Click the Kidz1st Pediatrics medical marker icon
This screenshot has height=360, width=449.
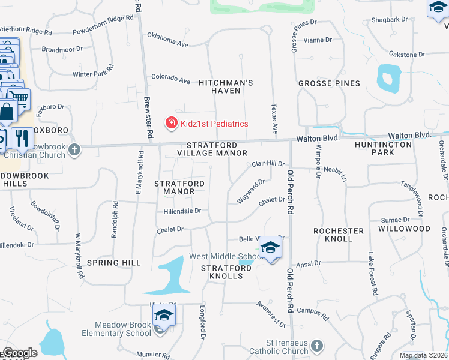point(172,123)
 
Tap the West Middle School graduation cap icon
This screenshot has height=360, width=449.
point(270,247)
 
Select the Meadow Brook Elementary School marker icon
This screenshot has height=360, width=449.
point(162,315)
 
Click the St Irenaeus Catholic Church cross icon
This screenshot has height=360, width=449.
point(317,346)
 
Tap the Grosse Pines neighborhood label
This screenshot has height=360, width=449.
point(329,83)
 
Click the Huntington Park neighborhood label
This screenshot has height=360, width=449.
point(383,148)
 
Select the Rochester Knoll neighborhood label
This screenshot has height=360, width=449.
point(339,235)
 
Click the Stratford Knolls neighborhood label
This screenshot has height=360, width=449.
point(221,272)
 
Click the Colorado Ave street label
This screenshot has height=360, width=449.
point(170,79)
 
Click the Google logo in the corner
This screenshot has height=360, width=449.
point(19,353)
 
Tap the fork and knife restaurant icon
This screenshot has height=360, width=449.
point(22,137)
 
